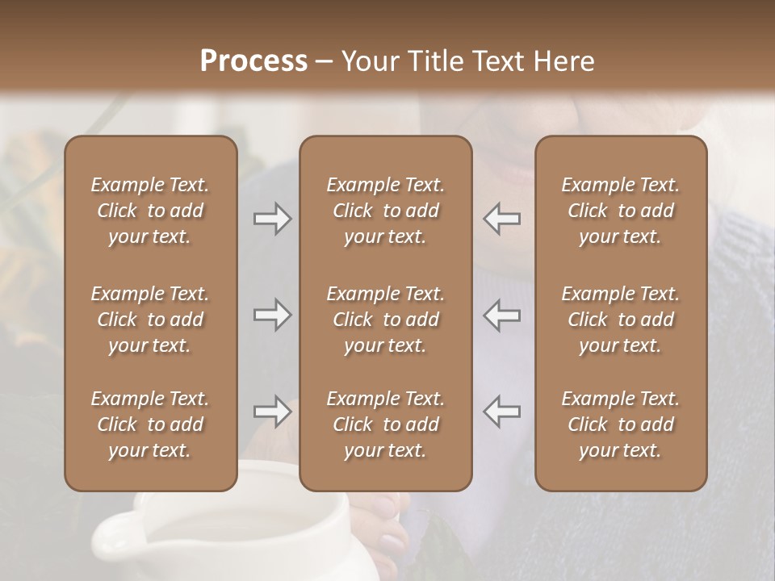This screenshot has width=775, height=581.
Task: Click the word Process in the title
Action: (253, 61)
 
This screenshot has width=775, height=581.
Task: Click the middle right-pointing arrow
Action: (272, 315)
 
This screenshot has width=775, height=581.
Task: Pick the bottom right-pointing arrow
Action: (272, 412)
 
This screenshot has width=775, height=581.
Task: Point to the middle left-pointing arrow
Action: (502, 315)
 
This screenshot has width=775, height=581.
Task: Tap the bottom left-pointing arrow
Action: (502, 412)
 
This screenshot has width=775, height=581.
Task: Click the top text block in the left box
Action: (150, 211)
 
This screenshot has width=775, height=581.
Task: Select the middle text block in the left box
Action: (150, 320)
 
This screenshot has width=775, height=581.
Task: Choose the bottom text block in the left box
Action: (150, 424)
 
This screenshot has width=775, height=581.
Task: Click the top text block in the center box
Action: (386, 211)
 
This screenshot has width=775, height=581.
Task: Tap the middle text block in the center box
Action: (386, 320)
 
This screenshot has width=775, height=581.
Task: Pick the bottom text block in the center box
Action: (386, 424)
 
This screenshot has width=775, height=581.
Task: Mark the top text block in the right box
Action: (621, 211)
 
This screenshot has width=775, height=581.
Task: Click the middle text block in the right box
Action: (621, 320)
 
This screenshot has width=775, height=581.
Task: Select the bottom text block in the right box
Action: (621, 424)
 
